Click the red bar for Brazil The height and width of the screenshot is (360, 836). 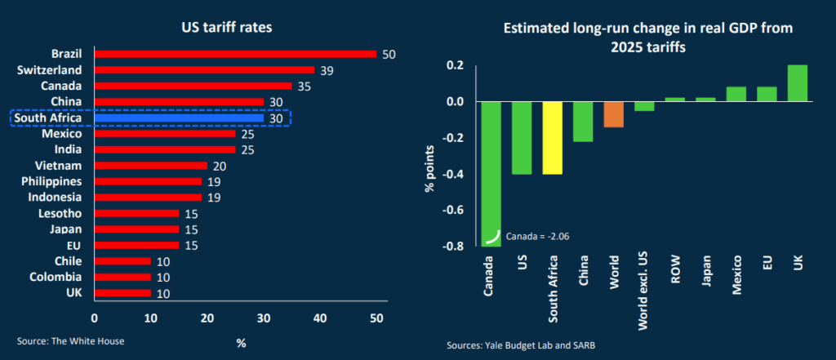pyautogui.click(x=235, y=54)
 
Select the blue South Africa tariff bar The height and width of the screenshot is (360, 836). pyautogui.click(x=179, y=118)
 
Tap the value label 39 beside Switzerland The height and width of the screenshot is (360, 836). pyautogui.click(x=327, y=70)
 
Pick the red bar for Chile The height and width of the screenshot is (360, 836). pyautogui.click(x=122, y=260)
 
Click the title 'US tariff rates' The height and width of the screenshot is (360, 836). pyautogui.click(x=226, y=27)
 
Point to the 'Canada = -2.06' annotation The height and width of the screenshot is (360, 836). pyautogui.click(x=537, y=236)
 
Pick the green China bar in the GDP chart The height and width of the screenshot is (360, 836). pyautogui.click(x=582, y=122)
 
